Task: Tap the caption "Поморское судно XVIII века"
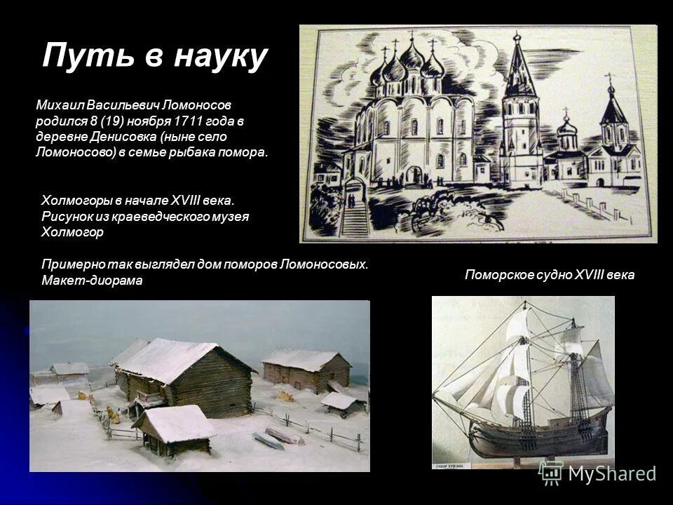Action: pyautogui.click(x=549, y=275)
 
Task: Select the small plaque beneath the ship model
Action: pyautogui.click(x=454, y=464)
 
